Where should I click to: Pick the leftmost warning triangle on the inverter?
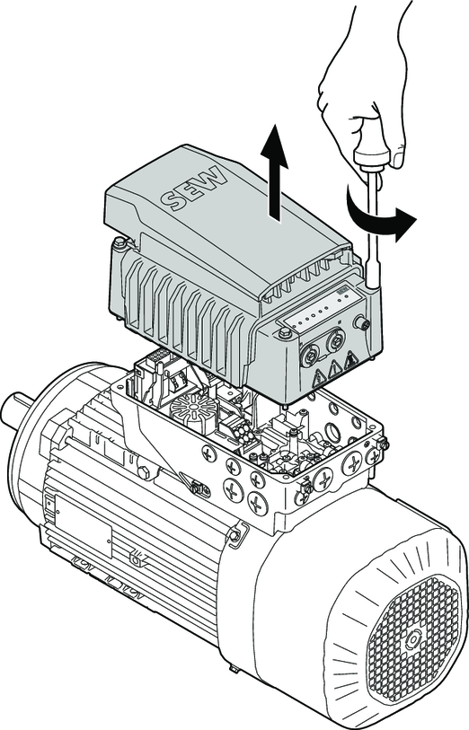321,376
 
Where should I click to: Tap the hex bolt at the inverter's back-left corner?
119,242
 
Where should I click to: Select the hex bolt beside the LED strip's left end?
282,332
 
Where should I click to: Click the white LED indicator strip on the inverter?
322,311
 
